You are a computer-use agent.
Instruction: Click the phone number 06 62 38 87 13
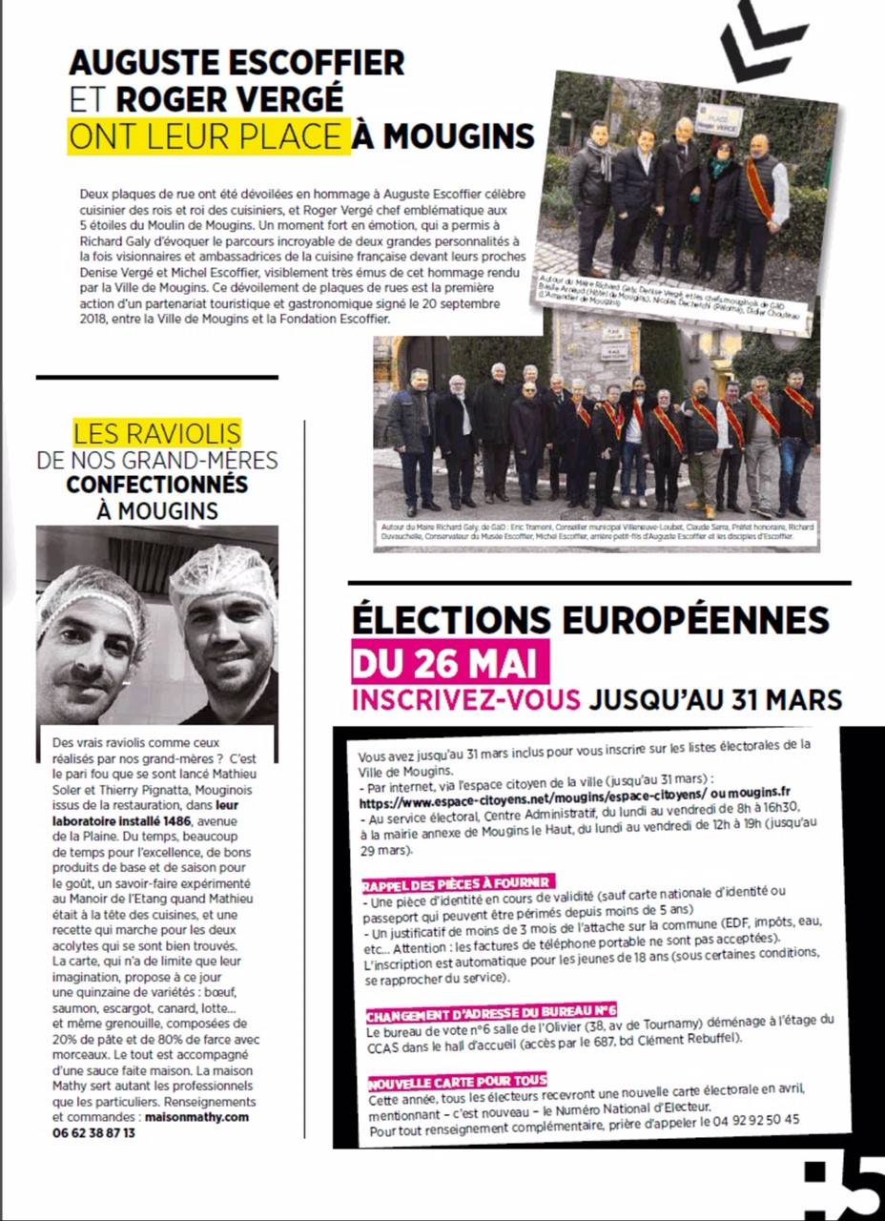pyautogui.click(x=93, y=1132)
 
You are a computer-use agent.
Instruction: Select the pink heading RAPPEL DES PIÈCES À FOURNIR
pyautogui.click(x=458, y=880)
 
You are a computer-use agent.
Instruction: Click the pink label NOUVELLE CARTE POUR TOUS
pyautogui.click(x=458, y=1081)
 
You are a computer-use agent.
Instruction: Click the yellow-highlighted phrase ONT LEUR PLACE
pyautogui.click(x=205, y=136)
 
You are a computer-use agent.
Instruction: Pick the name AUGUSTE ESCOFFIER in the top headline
pyautogui.click(x=237, y=63)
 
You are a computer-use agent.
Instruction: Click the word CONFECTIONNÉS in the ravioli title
pyautogui.click(x=157, y=485)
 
